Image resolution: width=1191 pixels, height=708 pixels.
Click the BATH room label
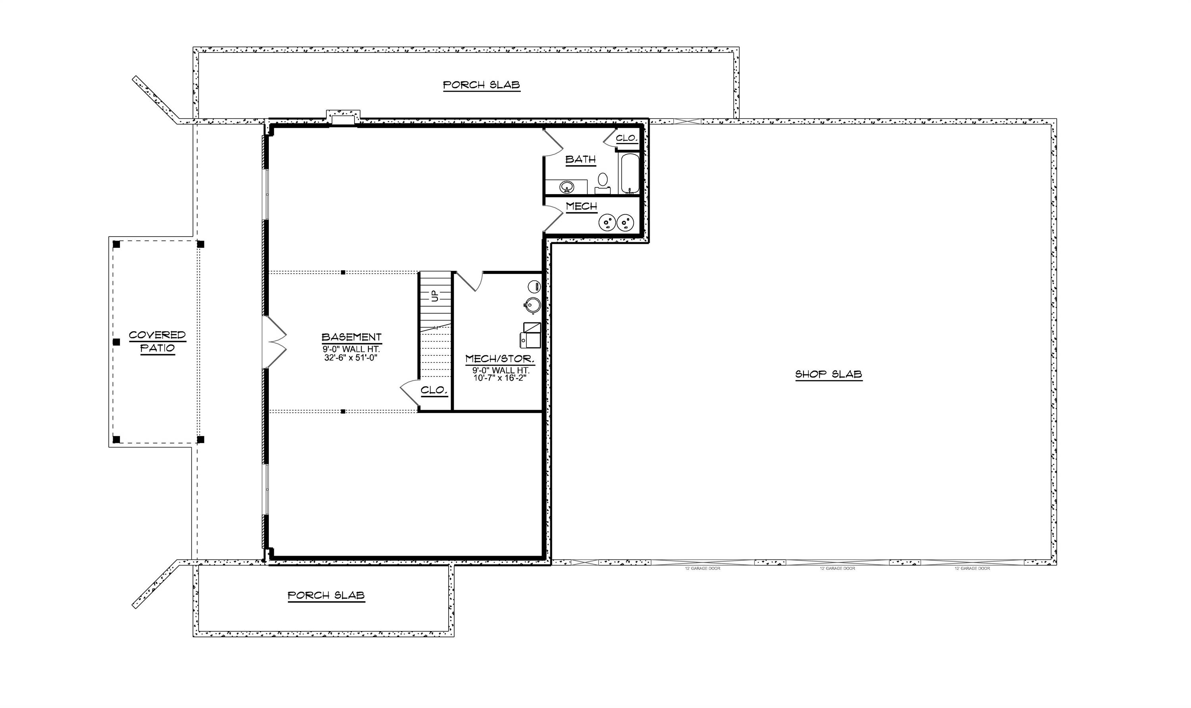tap(580, 159)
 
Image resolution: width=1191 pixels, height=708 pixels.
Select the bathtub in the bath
tap(630, 172)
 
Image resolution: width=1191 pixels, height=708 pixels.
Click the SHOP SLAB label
tap(828, 374)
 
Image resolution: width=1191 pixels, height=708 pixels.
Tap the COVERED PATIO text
tap(157, 341)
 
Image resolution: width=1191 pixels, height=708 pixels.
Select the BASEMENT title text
tap(351, 337)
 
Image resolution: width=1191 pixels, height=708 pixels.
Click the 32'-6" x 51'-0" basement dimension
tap(351, 357)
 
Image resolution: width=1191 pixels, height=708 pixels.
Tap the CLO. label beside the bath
tap(626, 138)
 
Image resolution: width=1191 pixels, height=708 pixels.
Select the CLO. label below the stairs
tap(434, 390)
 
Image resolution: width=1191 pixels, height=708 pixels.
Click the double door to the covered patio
tap(275, 341)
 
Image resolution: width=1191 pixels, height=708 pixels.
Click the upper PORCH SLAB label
tap(481, 85)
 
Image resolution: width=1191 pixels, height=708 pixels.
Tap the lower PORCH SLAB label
tap(326, 595)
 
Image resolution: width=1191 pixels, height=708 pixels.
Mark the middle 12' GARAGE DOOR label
tap(837, 569)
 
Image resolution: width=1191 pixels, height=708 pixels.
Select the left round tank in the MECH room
tap(607, 222)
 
